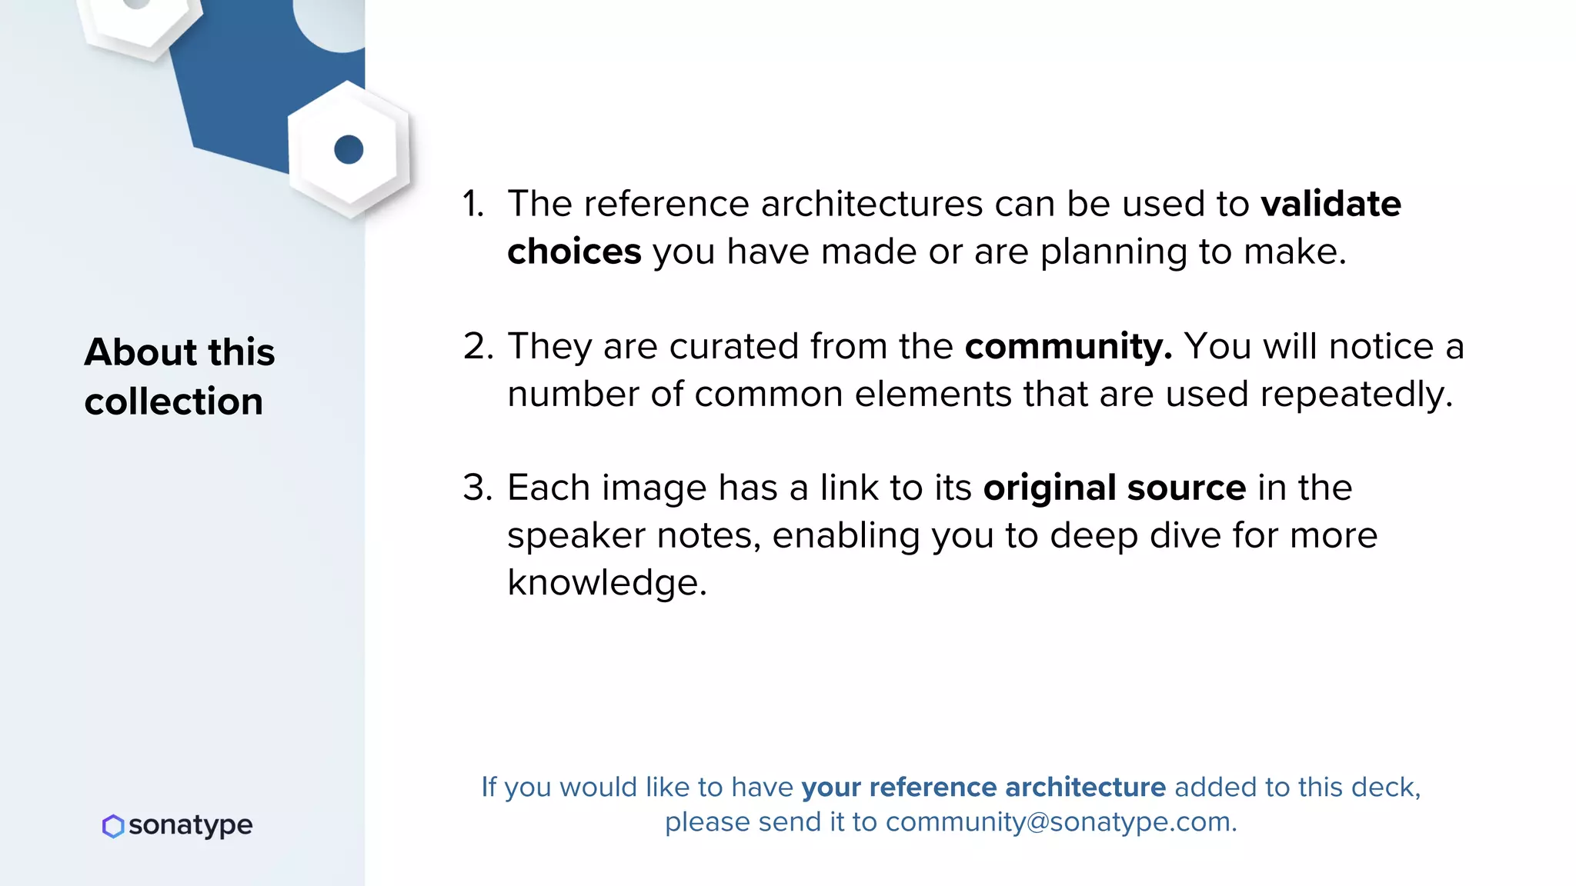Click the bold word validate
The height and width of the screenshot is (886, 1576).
point(1331,205)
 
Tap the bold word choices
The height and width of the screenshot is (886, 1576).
point(574,252)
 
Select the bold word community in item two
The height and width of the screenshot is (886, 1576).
point(1067,347)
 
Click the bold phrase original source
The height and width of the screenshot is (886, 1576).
point(1114,488)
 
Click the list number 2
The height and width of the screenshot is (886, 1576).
point(478,347)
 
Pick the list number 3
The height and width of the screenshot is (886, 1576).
point(478,488)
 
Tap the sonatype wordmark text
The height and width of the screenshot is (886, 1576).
point(190,825)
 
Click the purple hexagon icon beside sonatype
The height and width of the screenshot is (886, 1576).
point(113,826)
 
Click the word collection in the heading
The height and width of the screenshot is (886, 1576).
point(174,402)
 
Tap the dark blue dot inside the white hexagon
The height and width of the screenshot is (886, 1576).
point(349,149)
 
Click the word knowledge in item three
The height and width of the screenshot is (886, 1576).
point(606,583)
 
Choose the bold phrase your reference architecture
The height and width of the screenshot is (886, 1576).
point(983,788)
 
